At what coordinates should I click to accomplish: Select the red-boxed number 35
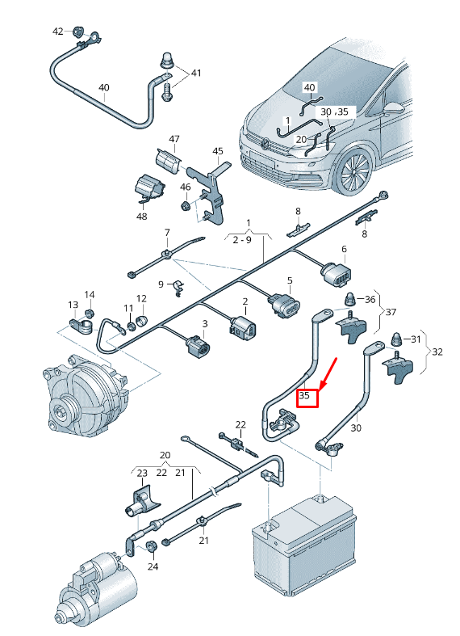[x=308, y=398]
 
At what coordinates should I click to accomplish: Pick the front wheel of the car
[x=353, y=171]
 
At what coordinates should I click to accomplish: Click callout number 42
[x=57, y=32]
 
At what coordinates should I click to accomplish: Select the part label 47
[x=174, y=140]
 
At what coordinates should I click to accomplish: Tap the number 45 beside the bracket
[x=217, y=151]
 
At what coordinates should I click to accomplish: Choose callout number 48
[x=141, y=217]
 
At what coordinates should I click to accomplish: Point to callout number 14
[x=90, y=295]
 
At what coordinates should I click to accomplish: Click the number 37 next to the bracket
[x=391, y=312]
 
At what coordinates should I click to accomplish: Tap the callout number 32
[x=437, y=352]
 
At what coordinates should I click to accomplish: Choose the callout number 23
[x=142, y=474]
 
